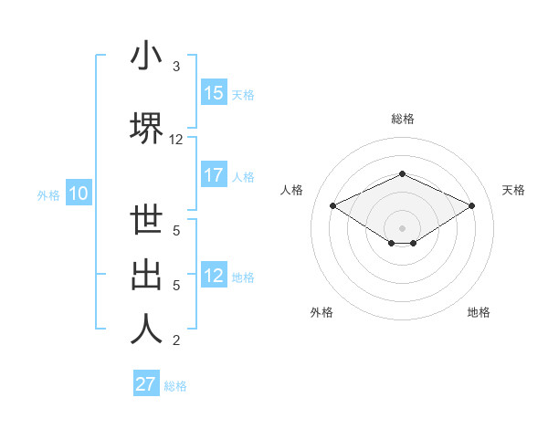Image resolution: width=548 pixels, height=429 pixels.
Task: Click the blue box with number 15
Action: coord(214,93)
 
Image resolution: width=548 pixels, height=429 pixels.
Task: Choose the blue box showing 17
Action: coord(214,175)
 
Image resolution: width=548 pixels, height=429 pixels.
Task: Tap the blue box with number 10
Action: coord(78,194)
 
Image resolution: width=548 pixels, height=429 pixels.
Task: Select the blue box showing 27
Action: coord(146,384)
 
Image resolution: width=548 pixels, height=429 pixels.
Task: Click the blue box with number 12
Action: coord(214,276)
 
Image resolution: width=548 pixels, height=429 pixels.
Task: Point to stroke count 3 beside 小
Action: coord(175,67)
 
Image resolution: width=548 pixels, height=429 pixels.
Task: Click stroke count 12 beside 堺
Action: coord(176,140)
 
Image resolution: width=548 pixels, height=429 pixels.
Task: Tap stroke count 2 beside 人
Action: coord(175,340)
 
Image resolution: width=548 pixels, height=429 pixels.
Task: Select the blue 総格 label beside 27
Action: coord(175,386)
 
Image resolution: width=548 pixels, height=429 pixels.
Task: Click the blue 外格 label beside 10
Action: coord(47,194)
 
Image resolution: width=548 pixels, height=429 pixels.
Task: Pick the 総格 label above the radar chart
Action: coord(402,119)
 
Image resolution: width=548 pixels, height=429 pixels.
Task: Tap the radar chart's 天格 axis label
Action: coord(513,190)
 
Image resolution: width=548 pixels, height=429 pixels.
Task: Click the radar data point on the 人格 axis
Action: coord(332,205)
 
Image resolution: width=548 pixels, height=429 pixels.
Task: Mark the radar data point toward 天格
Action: coord(471,205)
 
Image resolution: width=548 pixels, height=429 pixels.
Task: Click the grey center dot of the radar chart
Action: coord(402,227)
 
